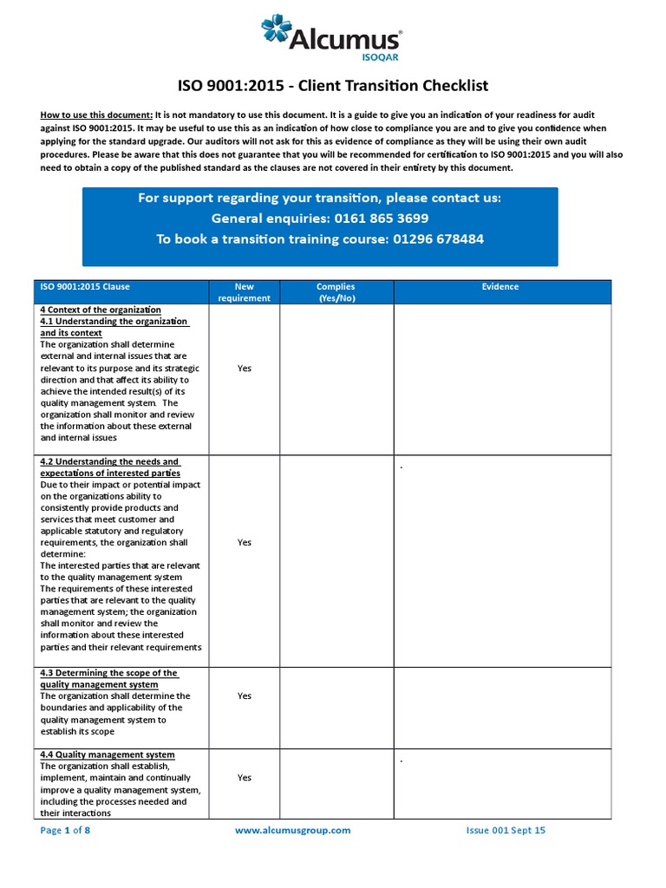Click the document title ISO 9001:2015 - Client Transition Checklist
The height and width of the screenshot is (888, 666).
point(333,85)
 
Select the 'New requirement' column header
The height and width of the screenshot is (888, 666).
point(244,292)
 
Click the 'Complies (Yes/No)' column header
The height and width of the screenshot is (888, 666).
point(336,292)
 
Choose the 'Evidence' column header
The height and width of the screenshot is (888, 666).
point(502,287)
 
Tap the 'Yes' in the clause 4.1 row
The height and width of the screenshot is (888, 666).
point(244,368)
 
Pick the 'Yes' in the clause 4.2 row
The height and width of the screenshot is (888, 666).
point(244,542)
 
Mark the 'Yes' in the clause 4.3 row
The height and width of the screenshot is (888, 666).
point(244,695)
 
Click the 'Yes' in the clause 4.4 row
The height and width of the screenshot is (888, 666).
point(244,778)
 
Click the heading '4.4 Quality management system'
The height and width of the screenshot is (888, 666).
point(108,754)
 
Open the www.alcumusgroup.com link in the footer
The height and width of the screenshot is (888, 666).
point(293,830)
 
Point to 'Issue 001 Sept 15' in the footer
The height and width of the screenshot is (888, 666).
point(506,830)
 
